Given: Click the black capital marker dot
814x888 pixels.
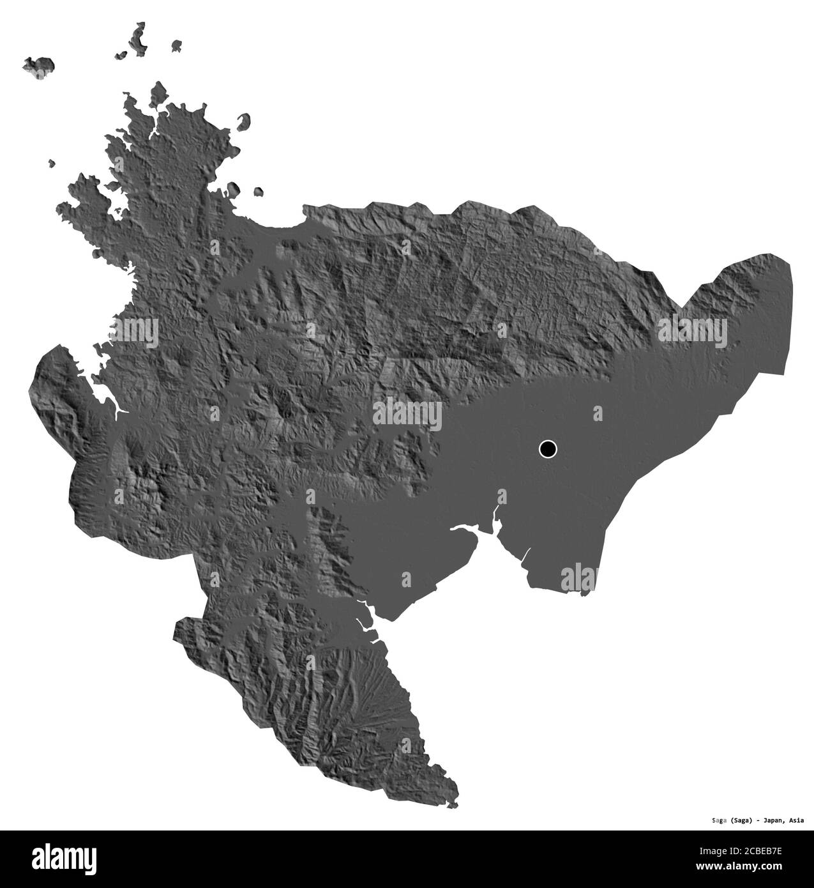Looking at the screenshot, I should click(548, 449).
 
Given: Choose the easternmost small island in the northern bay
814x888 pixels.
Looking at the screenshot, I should click(259, 191).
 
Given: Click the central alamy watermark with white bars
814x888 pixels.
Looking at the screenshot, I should click(407, 415).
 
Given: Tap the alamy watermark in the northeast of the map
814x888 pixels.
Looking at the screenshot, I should click(692, 331).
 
